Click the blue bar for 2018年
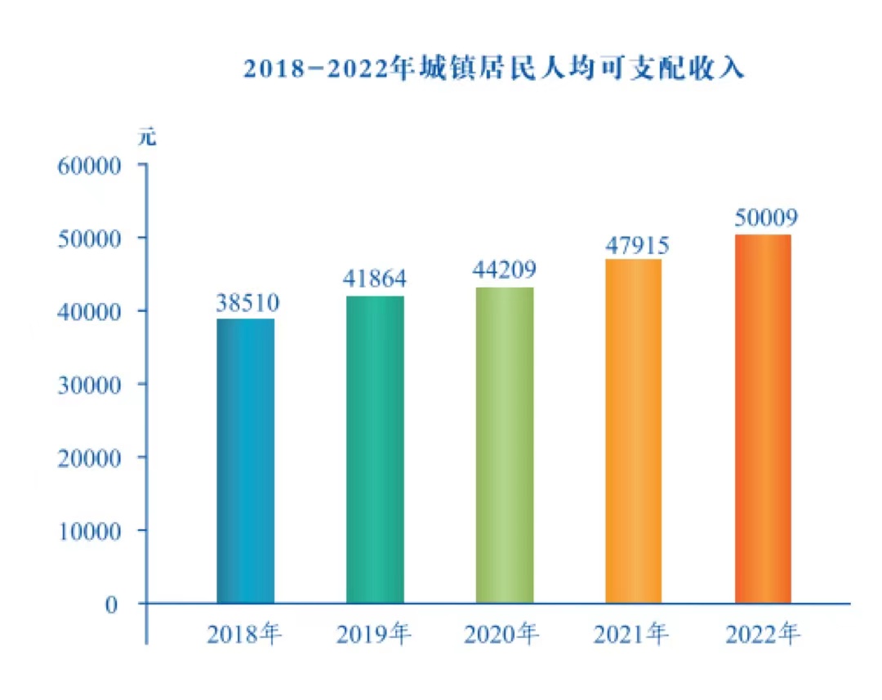246,461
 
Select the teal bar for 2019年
375,449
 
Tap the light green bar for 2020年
505,445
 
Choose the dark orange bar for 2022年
763,419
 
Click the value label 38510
248,304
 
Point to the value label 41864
375,279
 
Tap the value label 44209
505,270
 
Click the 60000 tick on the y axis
89,165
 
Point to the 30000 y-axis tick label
89,384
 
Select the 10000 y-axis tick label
89,531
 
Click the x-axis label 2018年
244,634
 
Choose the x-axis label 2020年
501,634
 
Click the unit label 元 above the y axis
147,136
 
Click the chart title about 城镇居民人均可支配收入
495,69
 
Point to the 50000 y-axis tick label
89,238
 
